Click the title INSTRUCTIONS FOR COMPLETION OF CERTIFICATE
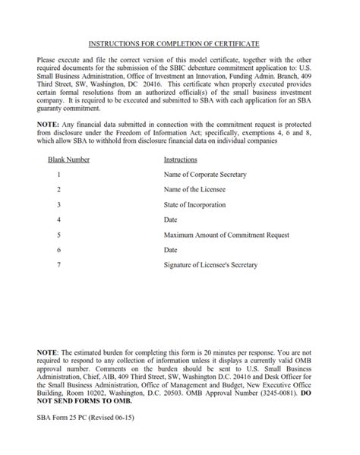click(x=179, y=45)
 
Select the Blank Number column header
click(x=68, y=160)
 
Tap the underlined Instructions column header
click(x=181, y=160)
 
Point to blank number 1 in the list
click(x=58, y=175)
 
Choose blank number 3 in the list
click(x=58, y=205)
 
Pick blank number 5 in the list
click(x=58, y=235)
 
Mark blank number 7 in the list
click(x=58, y=264)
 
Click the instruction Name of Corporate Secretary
click(x=205, y=175)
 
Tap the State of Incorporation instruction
click(x=197, y=205)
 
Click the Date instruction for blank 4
click(x=171, y=220)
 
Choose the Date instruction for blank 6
click(x=171, y=250)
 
